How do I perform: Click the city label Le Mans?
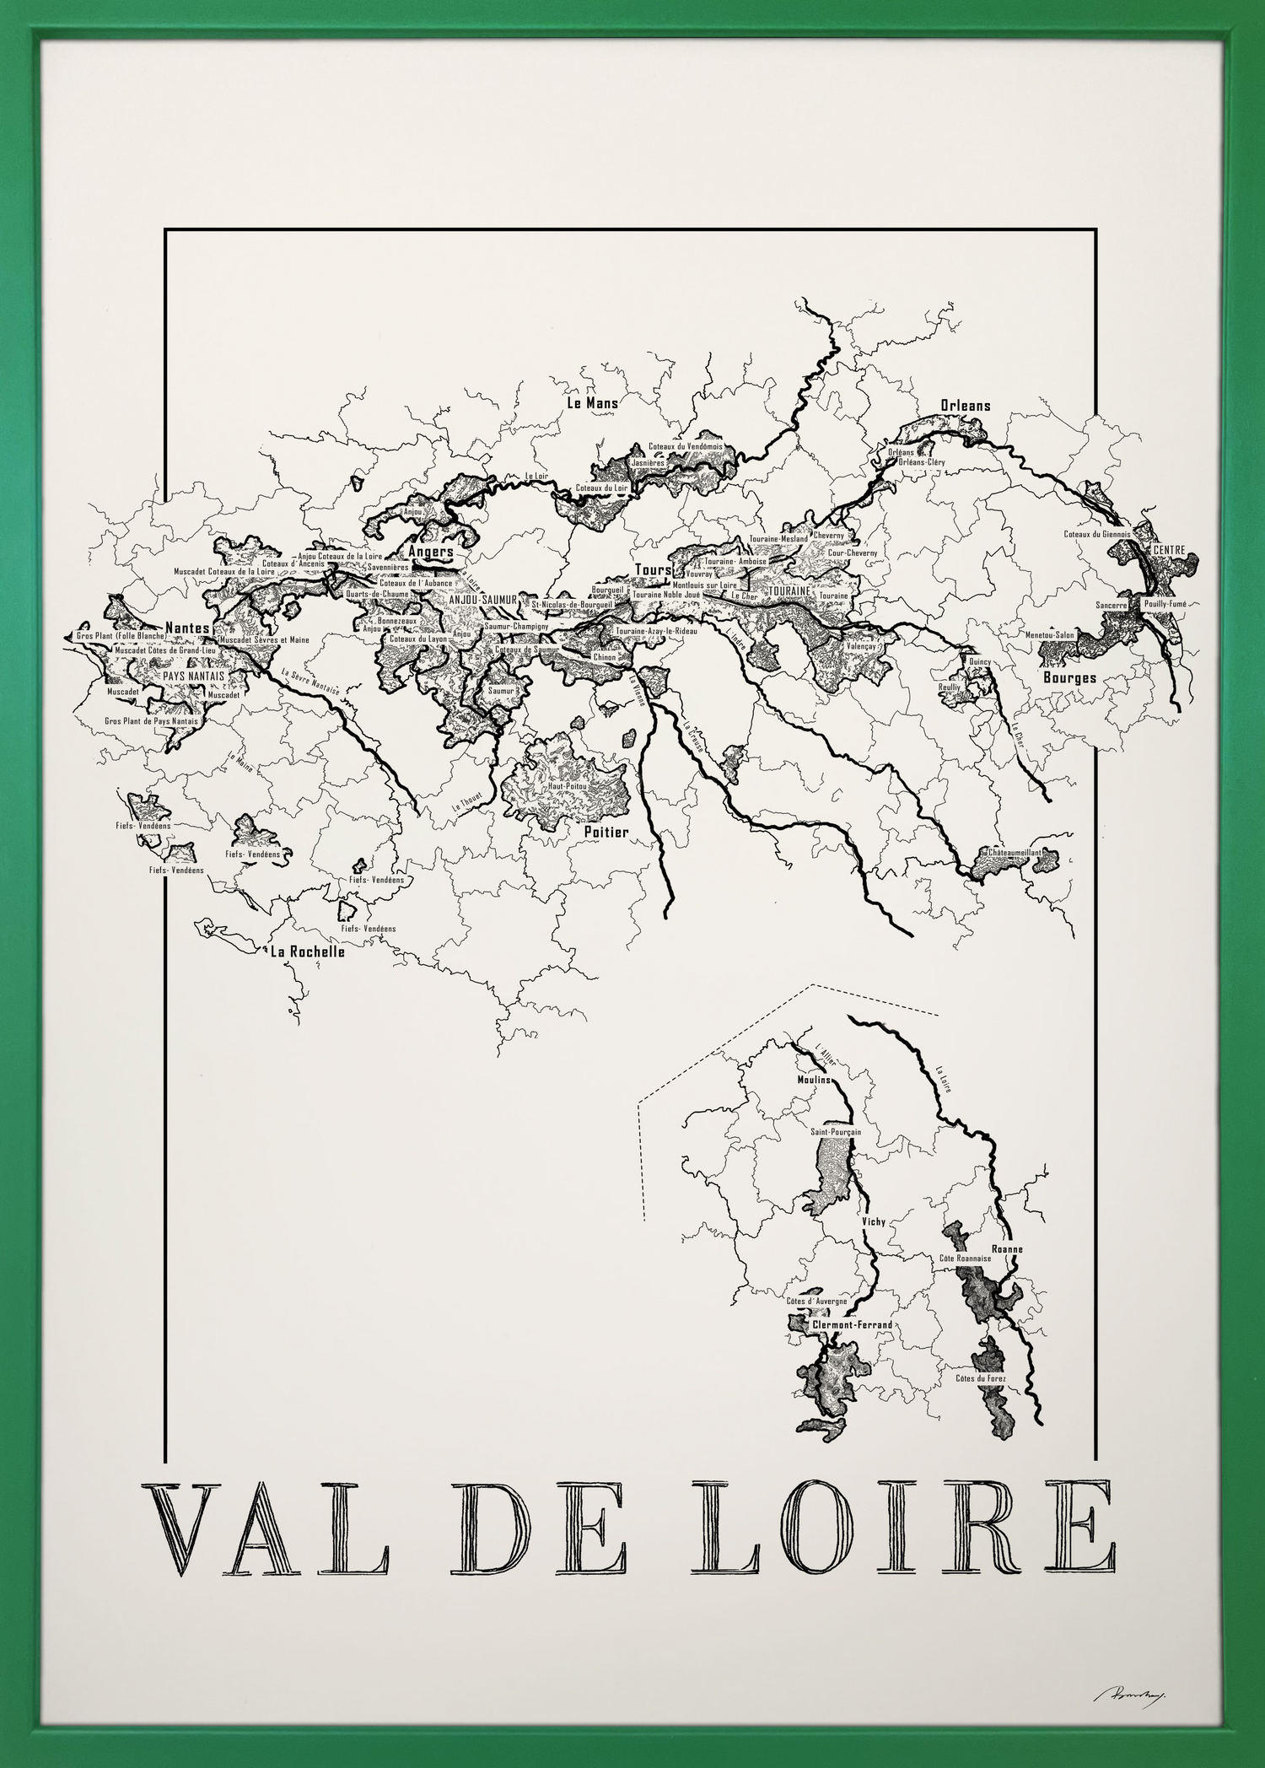click(592, 403)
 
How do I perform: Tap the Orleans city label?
click(966, 406)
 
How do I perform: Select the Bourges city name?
click(1069, 677)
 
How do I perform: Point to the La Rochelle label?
click(307, 951)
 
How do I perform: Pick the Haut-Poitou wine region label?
click(567, 785)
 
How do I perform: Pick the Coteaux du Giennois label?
click(1096, 534)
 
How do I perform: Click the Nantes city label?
click(187, 628)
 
